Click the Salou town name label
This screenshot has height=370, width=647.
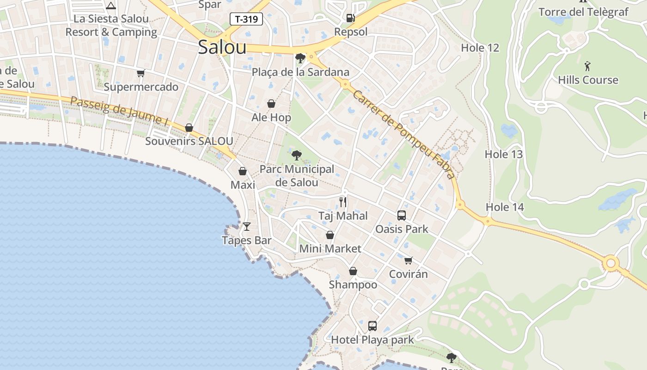[222, 47]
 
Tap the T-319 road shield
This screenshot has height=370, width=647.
[246, 19]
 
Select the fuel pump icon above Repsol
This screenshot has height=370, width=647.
[351, 18]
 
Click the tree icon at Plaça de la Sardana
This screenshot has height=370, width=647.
[300, 58]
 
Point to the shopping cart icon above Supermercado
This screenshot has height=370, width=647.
[140, 73]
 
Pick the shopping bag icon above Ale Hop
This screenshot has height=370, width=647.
[271, 104]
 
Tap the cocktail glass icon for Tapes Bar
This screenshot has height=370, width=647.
[247, 226]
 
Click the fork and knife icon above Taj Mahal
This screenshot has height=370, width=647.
[343, 202]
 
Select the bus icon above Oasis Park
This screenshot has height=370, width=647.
[401, 215]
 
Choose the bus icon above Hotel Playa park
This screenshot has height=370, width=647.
[372, 326]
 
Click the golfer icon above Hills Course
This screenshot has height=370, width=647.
[587, 66]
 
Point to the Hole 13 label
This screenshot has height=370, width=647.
[504, 154]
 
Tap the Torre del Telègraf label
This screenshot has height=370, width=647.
[583, 12]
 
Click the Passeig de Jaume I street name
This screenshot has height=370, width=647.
[119, 111]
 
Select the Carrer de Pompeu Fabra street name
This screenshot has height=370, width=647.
[404, 135]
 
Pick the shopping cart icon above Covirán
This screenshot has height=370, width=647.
[408, 260]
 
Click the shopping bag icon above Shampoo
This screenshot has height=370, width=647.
[353, 271]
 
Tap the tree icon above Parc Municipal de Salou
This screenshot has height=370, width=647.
[297, 155]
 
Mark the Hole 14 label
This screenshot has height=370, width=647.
[505, 207]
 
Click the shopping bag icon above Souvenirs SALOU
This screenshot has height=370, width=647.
[189, 128]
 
